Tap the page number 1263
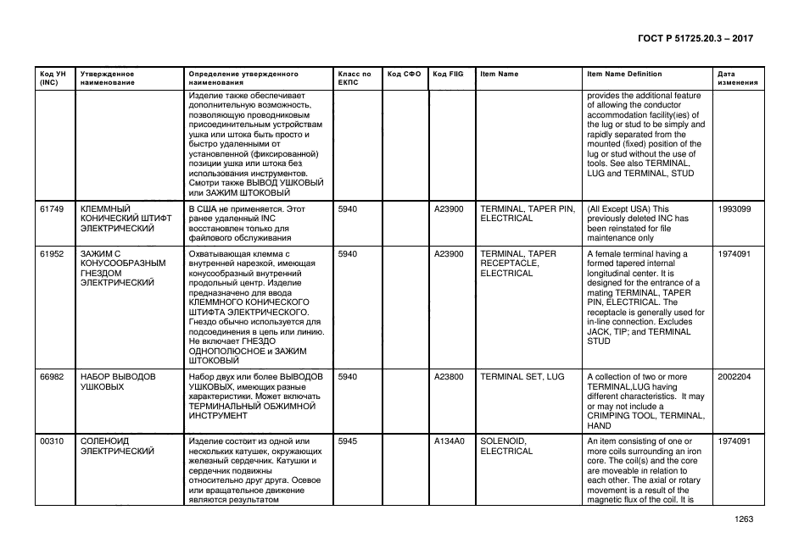click(x=743, y=519)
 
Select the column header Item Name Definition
click(x=624, y=75)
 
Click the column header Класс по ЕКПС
click(x=354, y=79)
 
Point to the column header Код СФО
click(x=404, y=75)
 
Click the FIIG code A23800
click(x=449, y=376)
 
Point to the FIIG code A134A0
click(x=449, y=441)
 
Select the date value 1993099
click(x=734, y=208)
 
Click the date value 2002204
click(x=734, y=376)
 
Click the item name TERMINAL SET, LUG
click(x=522, y=376)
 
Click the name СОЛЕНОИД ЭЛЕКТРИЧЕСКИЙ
click(x=117, y=446)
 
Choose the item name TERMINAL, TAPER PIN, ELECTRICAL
click(x=527, y=213)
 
